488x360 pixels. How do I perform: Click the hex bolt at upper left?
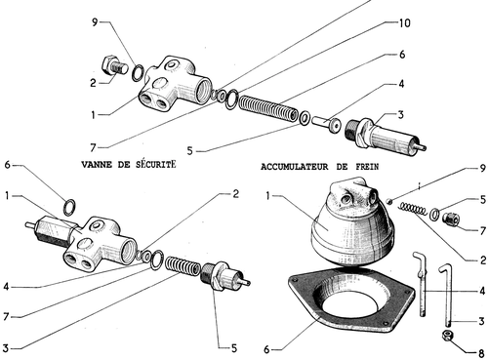click(114, 66)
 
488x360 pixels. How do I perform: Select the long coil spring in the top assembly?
click(268, 107)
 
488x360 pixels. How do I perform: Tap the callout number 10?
click(404, 23)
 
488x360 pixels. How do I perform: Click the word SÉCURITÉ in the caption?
click(155, 164)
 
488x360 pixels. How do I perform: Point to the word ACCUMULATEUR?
click(295, 167)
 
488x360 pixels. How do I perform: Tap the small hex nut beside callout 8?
click(448, 335)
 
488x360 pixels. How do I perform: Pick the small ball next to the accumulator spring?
click(389, 202)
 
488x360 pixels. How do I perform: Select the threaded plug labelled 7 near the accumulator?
click(451, 219)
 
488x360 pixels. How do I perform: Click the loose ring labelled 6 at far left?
click(70, 207)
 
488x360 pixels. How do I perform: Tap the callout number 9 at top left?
click(95, 22)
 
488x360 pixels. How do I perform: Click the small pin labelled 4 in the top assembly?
click(326, 123)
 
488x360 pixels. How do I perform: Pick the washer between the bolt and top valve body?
click(139, 73)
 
